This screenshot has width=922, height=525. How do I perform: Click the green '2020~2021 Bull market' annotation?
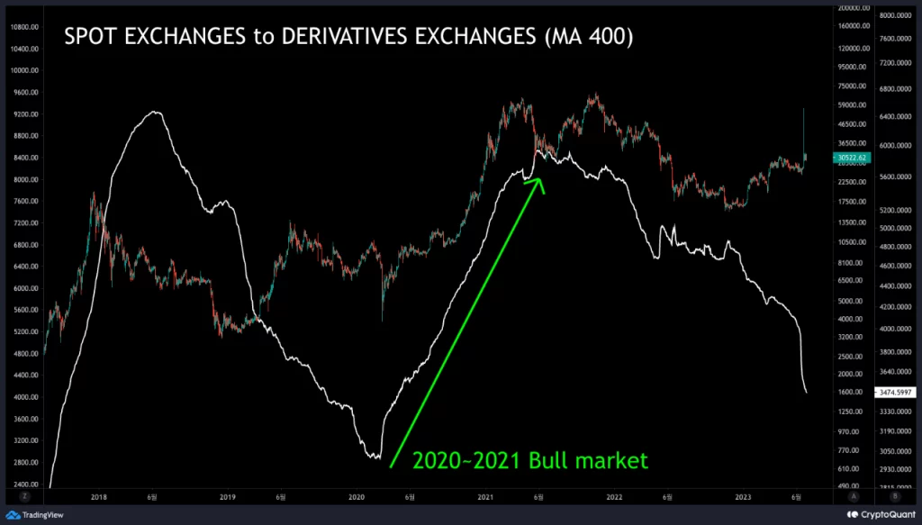(529, 461)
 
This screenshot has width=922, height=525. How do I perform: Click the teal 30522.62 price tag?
(850, 158)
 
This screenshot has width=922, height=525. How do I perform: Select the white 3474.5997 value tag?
(896, 393)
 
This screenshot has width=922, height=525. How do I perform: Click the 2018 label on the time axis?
(99, 497)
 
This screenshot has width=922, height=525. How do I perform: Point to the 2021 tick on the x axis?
(486, 497)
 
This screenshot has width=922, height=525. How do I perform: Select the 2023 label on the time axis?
(743, 497)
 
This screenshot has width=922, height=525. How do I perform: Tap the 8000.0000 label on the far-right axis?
(896, 15)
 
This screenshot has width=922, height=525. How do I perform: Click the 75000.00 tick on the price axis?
(850, 87)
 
